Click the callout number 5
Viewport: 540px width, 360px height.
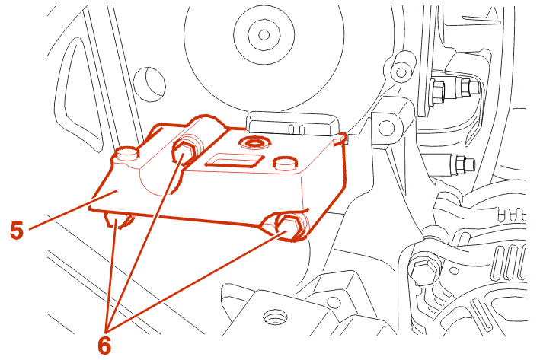[17, 231]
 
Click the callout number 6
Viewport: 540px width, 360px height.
[104, 345]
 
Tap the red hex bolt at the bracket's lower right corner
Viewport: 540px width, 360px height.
[292, 226]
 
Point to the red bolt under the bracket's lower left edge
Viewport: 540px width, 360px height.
[117, 220]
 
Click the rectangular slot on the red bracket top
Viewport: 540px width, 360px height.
[235, 160]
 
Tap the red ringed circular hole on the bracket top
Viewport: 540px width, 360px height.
[254, 142]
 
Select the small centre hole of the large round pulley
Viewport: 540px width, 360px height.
[264, 34]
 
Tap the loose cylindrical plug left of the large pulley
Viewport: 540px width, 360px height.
[149, 84]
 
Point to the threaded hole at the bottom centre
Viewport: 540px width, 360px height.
[275, 317]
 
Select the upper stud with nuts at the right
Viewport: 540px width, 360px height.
[454, 88]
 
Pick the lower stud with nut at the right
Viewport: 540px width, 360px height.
[461, 163]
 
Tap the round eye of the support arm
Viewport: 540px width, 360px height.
[386, 128]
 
